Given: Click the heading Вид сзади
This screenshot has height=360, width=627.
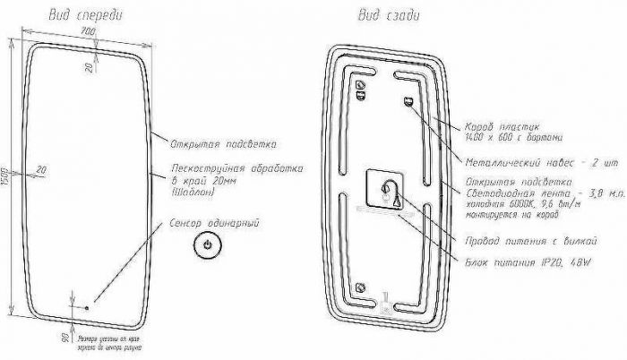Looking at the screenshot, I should point(391,15).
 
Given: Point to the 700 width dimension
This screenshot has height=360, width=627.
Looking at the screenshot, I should point(87,32).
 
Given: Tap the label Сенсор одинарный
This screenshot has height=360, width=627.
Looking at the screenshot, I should point(215,222).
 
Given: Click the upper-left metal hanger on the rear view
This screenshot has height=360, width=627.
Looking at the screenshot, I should point(361,88).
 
